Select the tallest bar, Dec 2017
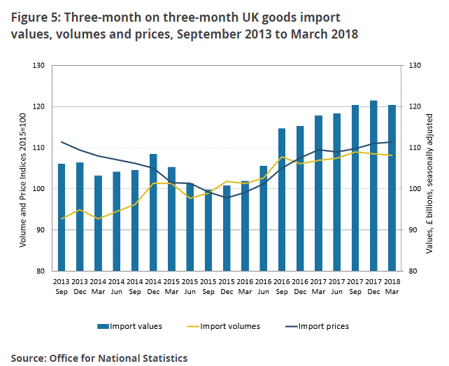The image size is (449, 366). [x=373, y=185]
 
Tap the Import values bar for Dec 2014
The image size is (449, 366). [x=153, y=212]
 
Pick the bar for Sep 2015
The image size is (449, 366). [x=208, y=230]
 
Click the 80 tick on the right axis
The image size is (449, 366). [x=413, y=272]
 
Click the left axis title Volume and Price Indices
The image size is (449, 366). [x=22, y=168]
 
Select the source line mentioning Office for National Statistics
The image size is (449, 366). [x=99, y=358]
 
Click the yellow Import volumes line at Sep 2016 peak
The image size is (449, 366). [x=282, y=157]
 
